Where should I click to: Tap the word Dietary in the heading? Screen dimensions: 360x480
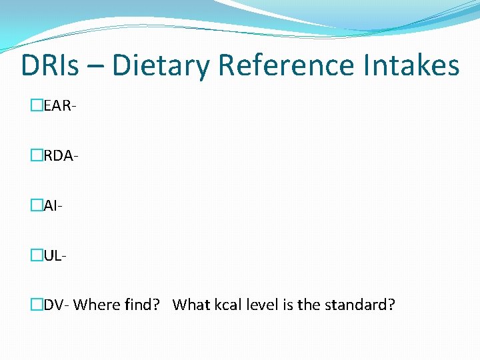pos(161,66)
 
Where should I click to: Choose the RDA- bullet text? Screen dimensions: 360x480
pos(60,155)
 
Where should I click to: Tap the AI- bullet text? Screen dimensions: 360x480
pos(53,206)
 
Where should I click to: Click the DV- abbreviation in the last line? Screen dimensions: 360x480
pos(56,305)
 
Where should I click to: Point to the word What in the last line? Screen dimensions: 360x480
pos(191,305)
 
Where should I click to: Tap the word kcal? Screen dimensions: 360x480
pos(228,305)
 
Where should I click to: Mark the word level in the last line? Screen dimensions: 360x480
pos(262,305)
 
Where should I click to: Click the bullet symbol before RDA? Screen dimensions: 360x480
pos(36,155)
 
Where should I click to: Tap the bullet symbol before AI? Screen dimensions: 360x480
pos(36,206)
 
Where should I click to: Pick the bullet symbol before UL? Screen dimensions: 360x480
pos(36,254)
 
